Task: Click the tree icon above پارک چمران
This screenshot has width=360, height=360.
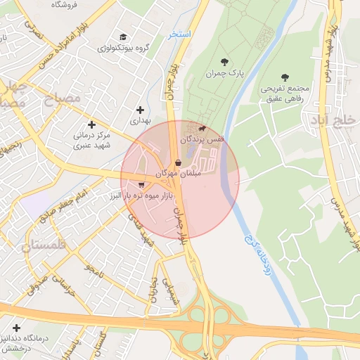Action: point(224,63)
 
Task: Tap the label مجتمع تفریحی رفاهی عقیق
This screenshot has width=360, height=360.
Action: point(285,94)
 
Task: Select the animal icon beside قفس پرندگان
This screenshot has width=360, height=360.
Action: point(202,128)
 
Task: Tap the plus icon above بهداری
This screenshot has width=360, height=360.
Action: point(141,110)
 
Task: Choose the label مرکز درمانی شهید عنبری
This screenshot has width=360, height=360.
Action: point(91,137)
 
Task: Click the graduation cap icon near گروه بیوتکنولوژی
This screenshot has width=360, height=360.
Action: point(124,37)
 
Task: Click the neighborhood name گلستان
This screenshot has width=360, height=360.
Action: point(43,246)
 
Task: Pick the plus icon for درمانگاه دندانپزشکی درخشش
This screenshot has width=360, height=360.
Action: point(16,328)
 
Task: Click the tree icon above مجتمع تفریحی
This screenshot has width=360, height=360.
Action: point(284,78)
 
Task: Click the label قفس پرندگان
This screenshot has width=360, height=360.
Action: point(202,140)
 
